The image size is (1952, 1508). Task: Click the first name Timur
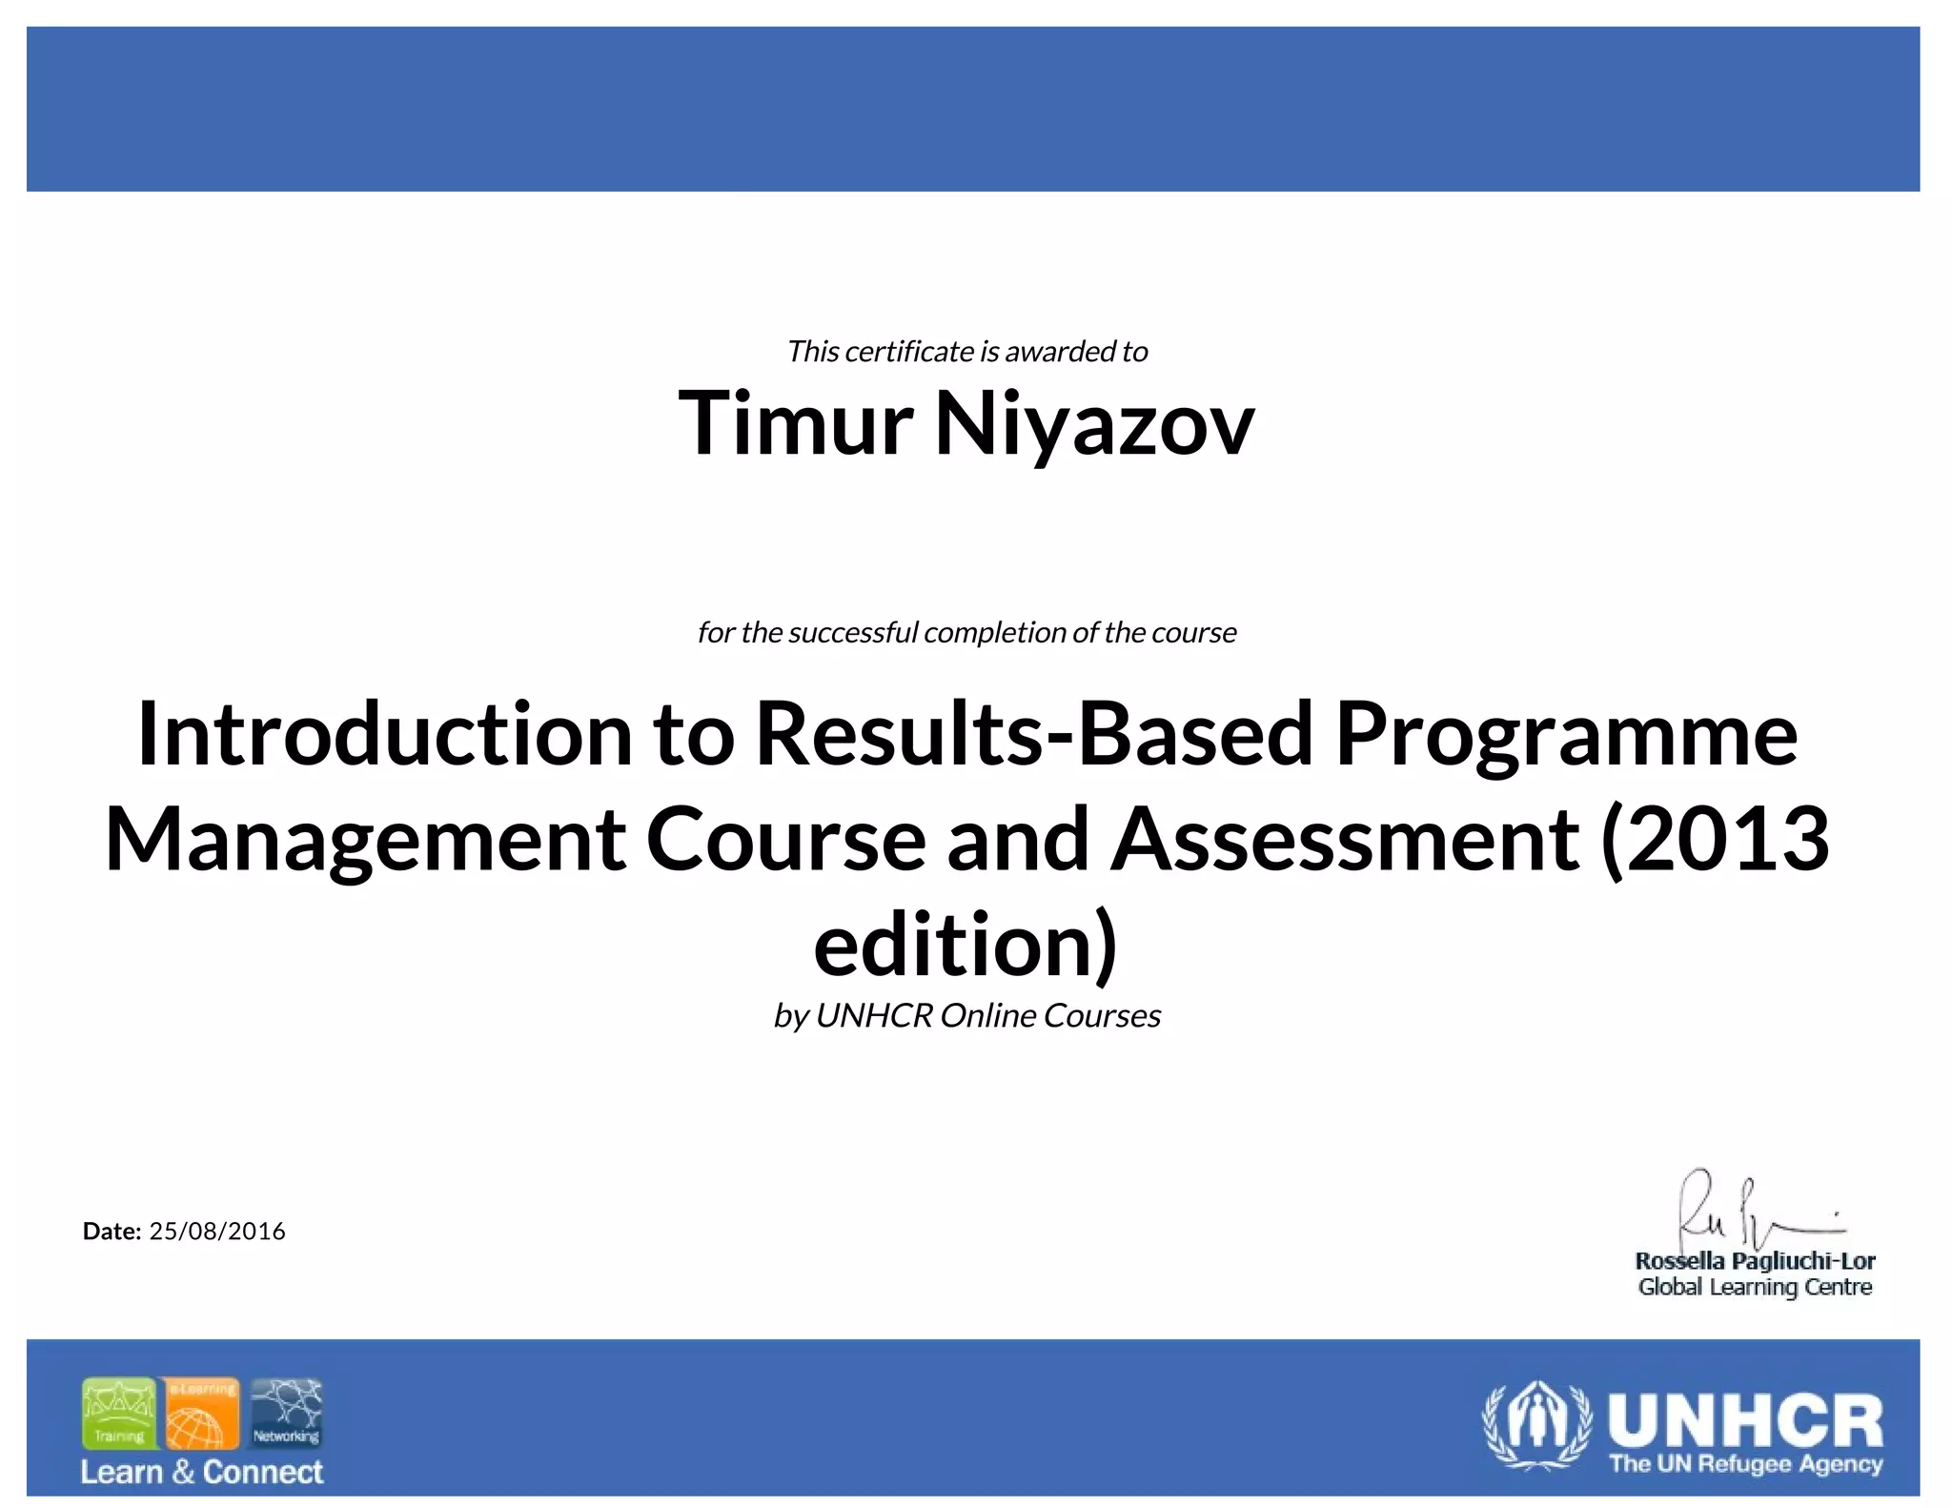click(796, 424)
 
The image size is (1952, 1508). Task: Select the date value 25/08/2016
click(217, 1231)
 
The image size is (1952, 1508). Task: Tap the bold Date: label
click(112, 1231)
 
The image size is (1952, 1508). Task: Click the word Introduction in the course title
click(385, 734)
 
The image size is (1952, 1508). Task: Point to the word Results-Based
click(1035, 734)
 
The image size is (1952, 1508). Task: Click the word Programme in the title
click(1566, 734)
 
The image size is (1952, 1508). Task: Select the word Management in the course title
click(365, 840)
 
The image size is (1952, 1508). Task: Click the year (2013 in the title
click(1716, 840)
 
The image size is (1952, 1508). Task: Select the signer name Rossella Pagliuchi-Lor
click(1755, 1261)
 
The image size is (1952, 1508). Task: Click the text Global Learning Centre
click(1755, 1288)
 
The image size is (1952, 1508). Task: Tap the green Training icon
click(119, 1414)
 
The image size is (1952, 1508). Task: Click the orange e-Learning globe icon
click(200, 1414)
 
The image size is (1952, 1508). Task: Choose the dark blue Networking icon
click(286, 1414)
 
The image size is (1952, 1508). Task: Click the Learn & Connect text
click(202, 1472)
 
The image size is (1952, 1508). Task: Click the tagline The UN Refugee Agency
click(1745, 1464)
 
